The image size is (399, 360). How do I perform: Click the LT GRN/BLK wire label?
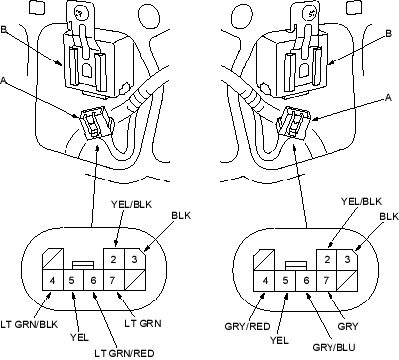tap(29, 324)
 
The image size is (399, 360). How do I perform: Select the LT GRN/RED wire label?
tap(124, 353)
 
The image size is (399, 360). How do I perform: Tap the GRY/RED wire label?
tap(248, 326)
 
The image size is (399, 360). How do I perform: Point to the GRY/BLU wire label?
tap(333, 347)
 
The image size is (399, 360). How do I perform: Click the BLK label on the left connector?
tap(181, 215)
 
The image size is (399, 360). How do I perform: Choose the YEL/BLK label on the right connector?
tap(361, 201)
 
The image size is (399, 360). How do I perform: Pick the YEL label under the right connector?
tap(279, 340)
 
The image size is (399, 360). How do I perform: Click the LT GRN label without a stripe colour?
tap(143, 323)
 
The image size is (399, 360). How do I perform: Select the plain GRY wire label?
tap(348, 326)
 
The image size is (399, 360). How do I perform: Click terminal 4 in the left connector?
tap(52, 280)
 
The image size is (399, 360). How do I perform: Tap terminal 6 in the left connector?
tap(93, 280)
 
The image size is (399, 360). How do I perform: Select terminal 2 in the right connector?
tap(327, 259)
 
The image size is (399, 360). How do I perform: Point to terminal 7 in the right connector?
tap(327, 280)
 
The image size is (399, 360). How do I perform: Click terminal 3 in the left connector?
tap(135, 259)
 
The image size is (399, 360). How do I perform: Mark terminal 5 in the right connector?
tap(285, 280)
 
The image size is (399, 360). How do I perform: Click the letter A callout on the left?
tap(3, 80)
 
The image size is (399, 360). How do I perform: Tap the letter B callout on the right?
tap(389, 34)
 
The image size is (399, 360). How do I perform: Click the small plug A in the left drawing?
tap(95, 122)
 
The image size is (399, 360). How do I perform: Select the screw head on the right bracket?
tap(312, 14)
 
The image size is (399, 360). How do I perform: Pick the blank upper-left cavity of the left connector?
tap(52, 259)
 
